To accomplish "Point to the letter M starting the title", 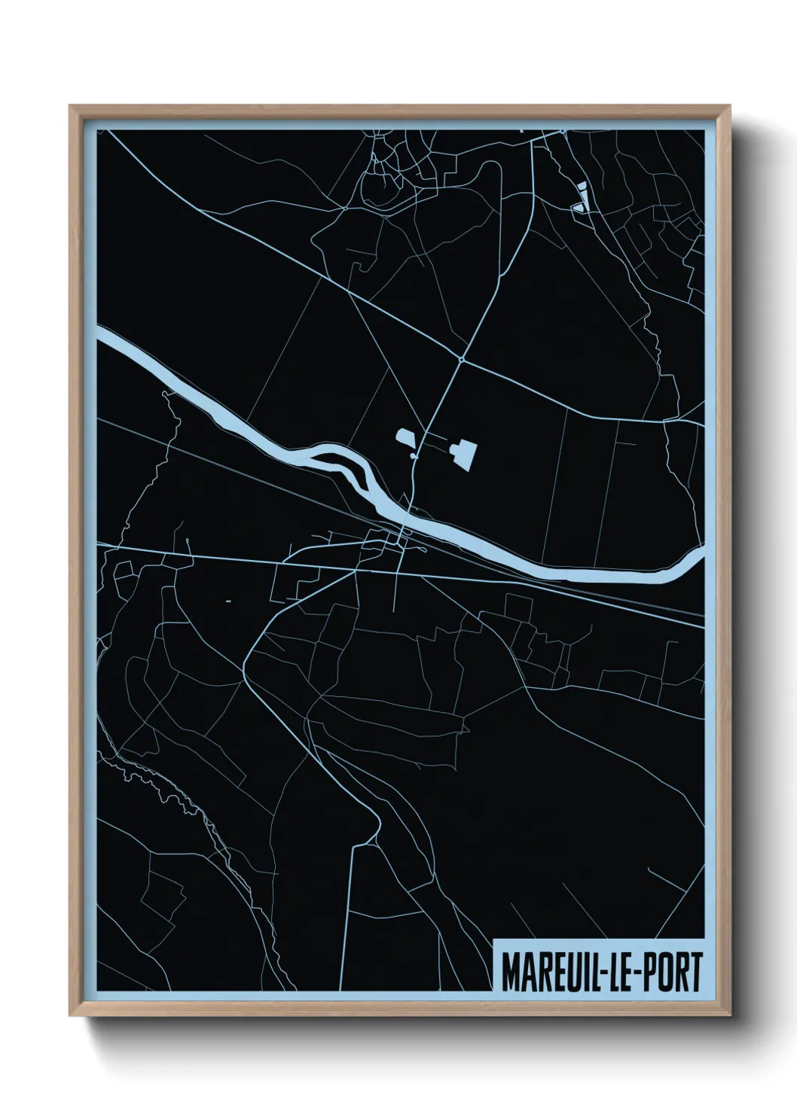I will click(x=509, y=972).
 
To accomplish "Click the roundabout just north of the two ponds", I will click(x=460, y=360).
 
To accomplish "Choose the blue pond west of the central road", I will click(x=405, y=439).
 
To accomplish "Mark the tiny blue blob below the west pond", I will click(x=413, y=456).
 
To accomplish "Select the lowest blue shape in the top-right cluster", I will click(x=578, y=206).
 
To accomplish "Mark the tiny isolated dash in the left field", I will click(x=227, y=601).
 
